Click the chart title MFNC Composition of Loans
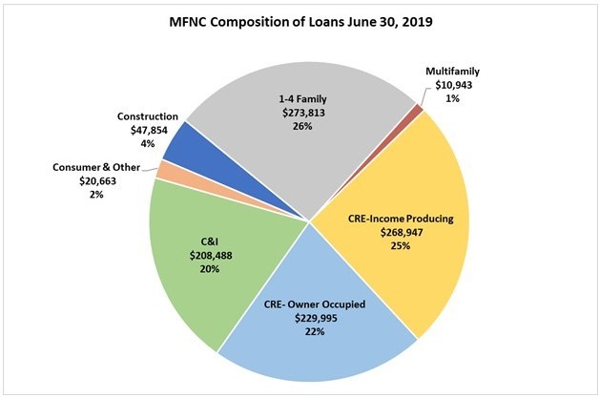299,22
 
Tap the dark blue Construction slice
180,142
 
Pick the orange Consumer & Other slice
163,170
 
